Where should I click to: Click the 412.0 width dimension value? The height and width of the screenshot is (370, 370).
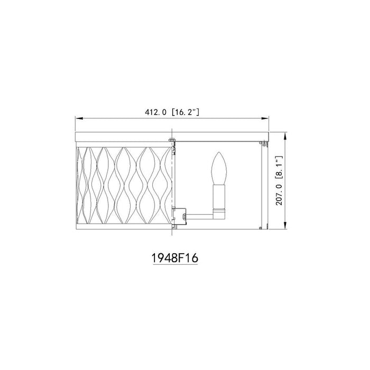click(155, 112)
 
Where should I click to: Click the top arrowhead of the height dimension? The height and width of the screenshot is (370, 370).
click(286, 136)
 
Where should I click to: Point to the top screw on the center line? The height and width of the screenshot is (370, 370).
click(172, 141)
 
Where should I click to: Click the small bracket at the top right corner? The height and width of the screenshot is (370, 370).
click(265, 141)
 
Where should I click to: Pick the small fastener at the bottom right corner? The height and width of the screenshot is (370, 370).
click(265, 226)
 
